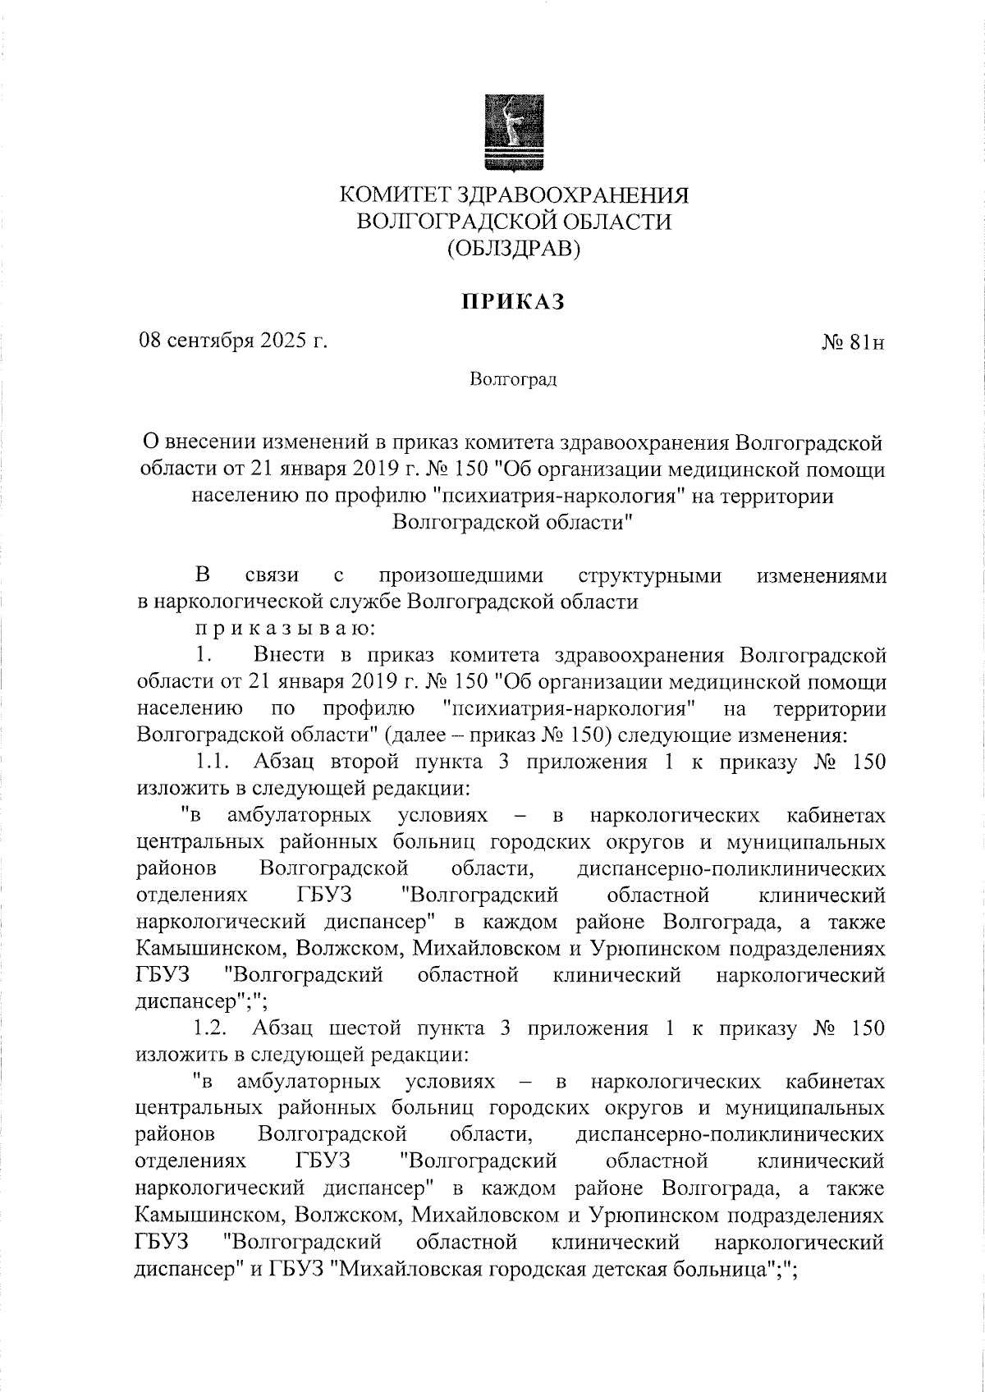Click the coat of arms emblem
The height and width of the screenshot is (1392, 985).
pyautogui.click(x=504, y=134)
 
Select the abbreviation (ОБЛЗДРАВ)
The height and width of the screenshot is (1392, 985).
pyautogui.click(x=514, y=248)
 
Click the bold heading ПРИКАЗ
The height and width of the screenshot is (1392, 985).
pyautogui.click(x=513, y=302)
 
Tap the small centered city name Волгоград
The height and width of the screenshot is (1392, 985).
pyautogui.click(x=514, y=379)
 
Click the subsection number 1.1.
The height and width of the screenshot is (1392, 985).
pyautogui.click(x=211, y=762)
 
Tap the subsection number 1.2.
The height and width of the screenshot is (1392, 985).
pyautogui.click(x=212, y=1028)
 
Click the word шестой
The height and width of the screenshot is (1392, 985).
pyautogui.click(x=364, y=1028)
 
